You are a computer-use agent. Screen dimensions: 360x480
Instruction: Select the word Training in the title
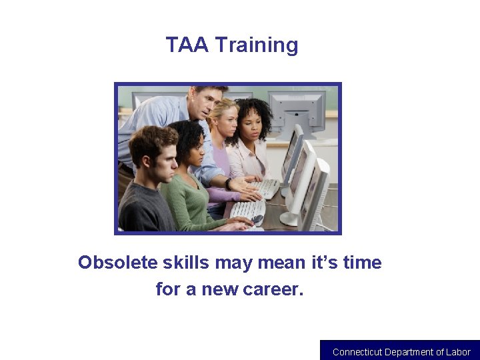[257, 45]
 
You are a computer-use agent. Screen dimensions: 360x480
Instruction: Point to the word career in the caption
[271, 289]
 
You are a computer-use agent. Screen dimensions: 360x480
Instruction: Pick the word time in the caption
[362, 263]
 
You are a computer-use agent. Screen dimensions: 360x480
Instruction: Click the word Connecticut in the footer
[357, 352]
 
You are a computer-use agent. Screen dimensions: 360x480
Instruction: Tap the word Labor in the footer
[457, 352]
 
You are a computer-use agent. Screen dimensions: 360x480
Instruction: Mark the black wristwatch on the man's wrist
[229, 185]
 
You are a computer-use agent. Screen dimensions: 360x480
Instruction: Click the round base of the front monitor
[289, 219]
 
